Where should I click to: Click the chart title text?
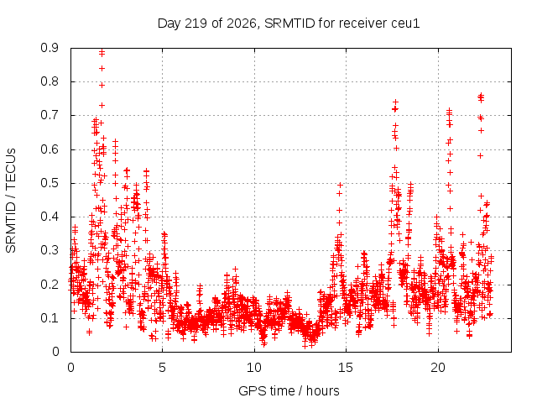289,24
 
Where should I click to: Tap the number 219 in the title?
196,24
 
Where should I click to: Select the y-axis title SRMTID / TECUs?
11,201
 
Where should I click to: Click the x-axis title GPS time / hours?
289,390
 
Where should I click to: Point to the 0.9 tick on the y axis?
50,48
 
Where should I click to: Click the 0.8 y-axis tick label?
50,82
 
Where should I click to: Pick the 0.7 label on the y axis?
50,116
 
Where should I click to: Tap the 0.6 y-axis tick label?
50,149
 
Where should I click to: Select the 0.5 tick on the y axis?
50,183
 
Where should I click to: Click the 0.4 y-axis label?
50,217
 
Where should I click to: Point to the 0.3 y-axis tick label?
50,250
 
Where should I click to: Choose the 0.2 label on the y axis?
50,285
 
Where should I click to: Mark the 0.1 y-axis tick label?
50,318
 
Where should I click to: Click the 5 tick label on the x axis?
162,368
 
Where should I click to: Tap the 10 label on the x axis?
254,368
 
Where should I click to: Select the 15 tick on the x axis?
346,368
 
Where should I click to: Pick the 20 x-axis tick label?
438,368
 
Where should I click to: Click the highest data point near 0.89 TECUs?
102,52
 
